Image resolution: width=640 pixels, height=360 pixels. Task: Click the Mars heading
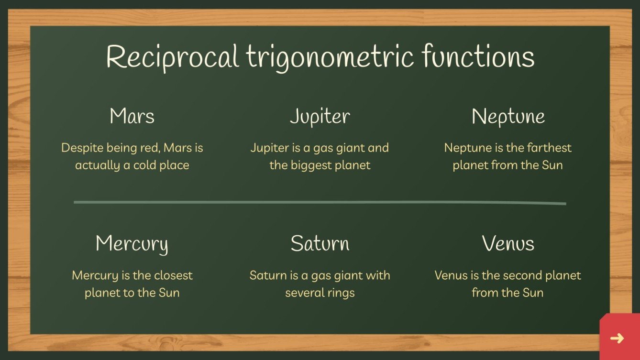click(132, 116)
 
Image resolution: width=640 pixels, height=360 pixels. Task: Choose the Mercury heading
click(132, 244)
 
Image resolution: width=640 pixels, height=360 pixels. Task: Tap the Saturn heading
click(320, 243)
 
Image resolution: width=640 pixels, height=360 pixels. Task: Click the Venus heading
click(508, 243)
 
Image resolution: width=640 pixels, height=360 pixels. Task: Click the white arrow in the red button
click(617, 338)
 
